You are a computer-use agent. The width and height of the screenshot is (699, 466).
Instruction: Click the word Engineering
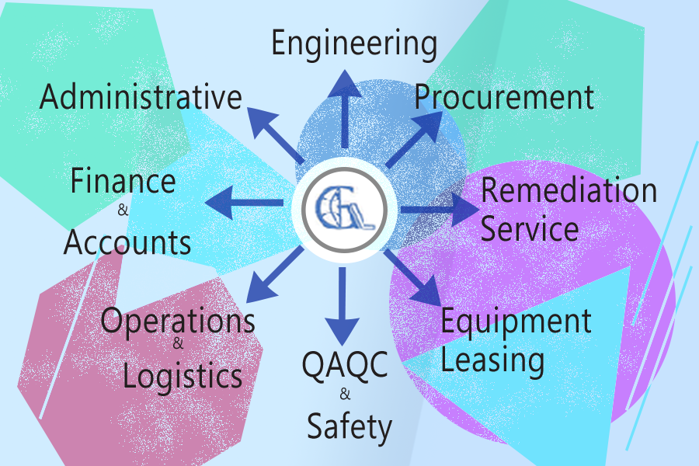[x=353, y=44]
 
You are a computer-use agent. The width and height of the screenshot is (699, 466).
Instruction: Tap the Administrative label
[x=141, y=98]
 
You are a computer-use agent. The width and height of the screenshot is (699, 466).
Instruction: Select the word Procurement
[x=503, y=97]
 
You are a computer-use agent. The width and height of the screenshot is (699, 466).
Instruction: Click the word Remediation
[x=569, y=190]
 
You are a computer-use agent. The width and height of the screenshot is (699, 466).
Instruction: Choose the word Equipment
[x=516, y=321]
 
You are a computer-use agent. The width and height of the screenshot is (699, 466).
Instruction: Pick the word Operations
[x=178, y=320]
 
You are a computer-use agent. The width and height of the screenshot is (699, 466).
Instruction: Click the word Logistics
[x=183, y=376]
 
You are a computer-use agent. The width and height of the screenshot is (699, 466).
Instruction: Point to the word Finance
[x=123, y=181]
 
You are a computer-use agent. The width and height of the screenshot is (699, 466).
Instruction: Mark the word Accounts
[x=127, y=242]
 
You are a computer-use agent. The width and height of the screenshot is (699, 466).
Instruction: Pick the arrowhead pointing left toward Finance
[x=218, y=203]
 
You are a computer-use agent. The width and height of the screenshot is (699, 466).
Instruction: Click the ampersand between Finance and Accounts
[x=122, y=210]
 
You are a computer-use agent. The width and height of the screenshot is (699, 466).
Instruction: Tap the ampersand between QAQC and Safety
[x=345, y=395]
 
